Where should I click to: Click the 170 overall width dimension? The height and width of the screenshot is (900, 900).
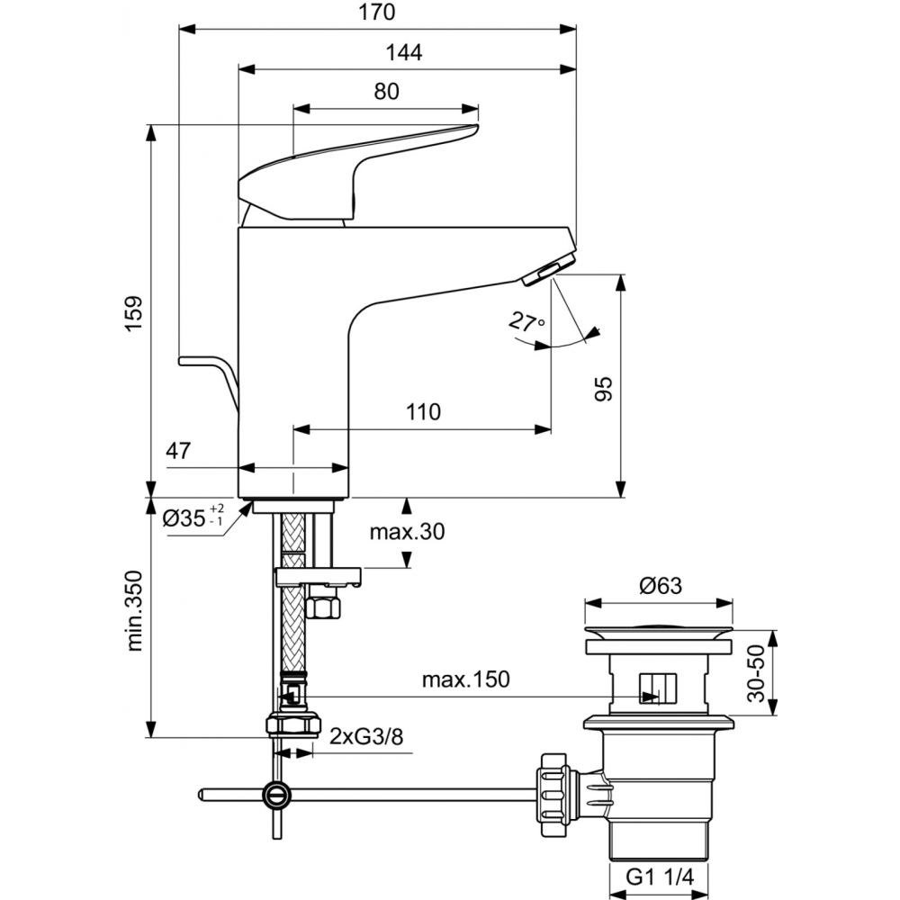pyautogui.click(x=377, y=12)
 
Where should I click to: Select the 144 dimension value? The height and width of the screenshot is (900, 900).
pyautogui.click(x=403, y=53)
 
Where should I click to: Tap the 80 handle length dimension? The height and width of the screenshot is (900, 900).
pyautogui.click(x=386, y=91)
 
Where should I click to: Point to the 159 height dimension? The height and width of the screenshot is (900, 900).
pyautogui.click(x=134, y=313)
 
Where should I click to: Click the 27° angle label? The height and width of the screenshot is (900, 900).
pyautogui.click(x=526, y=323)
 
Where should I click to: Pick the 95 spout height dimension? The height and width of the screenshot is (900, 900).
pyautogui.click(x=603, y=389)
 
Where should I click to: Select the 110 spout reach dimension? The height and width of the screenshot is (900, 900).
pyautogui.click(x=423, y=411)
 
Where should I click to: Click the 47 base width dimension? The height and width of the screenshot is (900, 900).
pyautogui.click(x=178, y=451)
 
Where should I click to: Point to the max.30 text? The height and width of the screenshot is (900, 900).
pyautogui.click(x=407, y=532)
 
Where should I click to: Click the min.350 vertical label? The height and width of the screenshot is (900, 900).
pyautogui.click(x=134, y=611)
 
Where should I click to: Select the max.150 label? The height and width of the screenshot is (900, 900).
pyautogui.click(x=465, y=679)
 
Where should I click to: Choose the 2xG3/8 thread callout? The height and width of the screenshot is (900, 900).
pyautogui.click(x=366, y=736)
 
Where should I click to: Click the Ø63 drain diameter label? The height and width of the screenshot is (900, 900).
pyautogui.click(x=660, y=586)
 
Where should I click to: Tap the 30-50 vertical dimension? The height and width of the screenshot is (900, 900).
pyautogui.click(x=757, y=673)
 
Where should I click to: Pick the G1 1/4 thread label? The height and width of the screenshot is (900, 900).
pyautogui.click(x=660, y=877)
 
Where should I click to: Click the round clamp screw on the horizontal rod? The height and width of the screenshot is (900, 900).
pyautogui.click(x=276, y=795)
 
